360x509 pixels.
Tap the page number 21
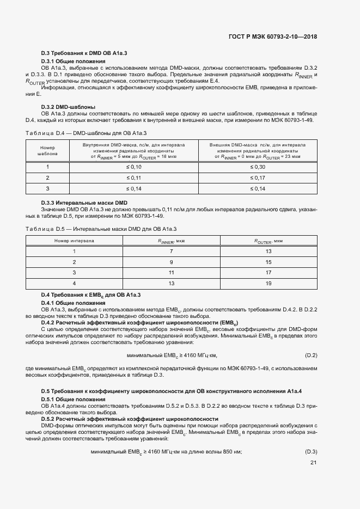[x=313, y=463]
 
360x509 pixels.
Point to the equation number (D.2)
[x=310, y=355]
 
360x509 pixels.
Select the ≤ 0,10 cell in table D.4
[x=133, y=167]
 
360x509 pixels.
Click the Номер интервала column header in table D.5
[x=74, y=240]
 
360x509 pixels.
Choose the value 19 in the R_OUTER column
[x=268, y=283]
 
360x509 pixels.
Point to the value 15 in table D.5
[x=268, y=262]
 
